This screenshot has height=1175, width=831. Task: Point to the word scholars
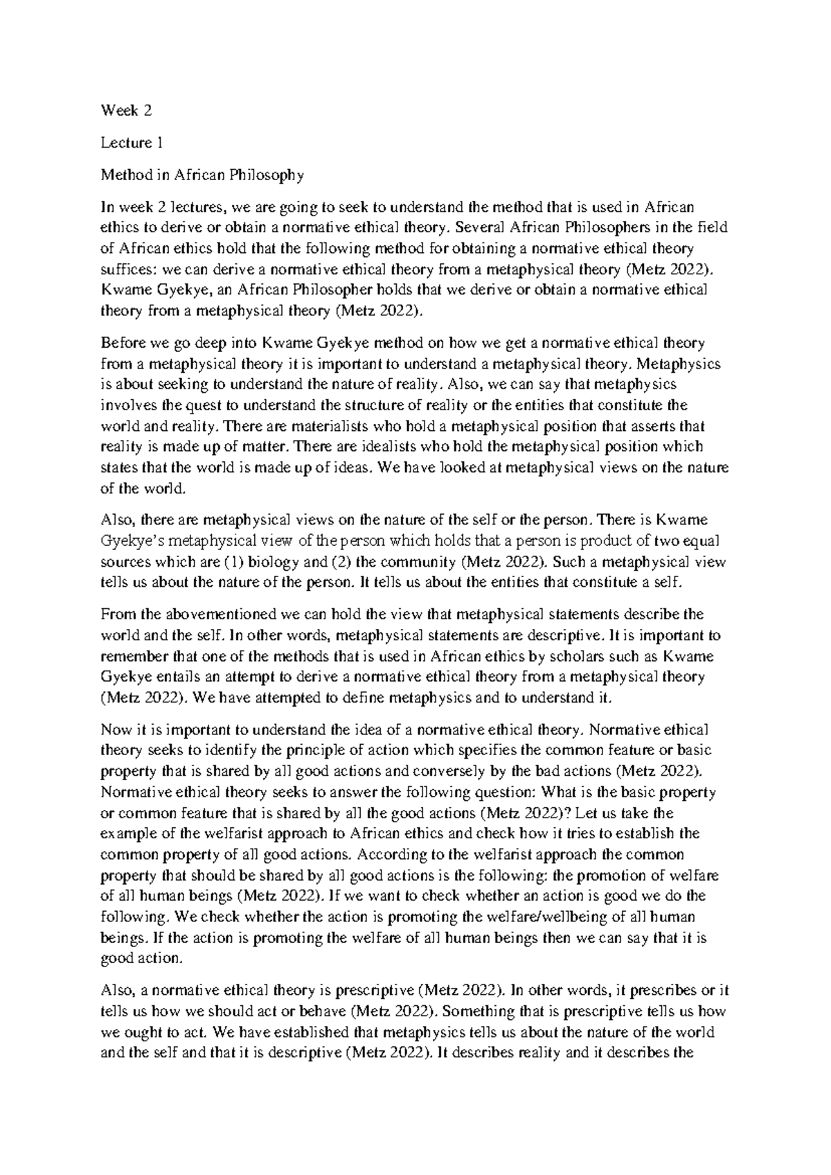599,656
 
